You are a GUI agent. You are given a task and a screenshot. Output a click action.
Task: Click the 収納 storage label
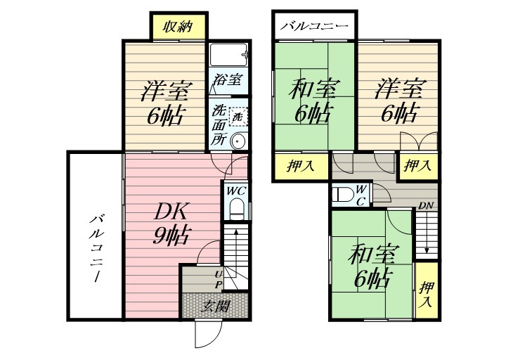tap(179, 27)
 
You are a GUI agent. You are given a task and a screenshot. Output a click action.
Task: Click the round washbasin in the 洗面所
tap(238, 140)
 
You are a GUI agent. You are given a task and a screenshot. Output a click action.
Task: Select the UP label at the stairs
tap(218, 279)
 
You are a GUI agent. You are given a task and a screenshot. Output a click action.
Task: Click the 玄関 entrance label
tap(216, 307)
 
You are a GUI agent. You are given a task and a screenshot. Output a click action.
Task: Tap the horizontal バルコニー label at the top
tap(314, 27)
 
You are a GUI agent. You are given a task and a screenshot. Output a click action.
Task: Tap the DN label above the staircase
tap(425, 206)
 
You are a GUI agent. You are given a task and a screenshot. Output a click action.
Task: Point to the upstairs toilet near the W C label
tap(342, 194)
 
